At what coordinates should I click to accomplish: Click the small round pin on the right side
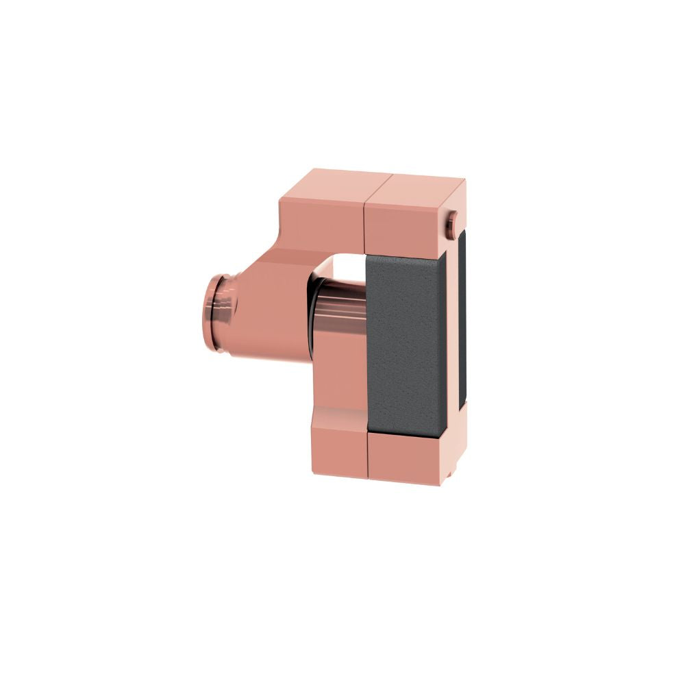pos(453,225)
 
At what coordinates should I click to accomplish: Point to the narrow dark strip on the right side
pos(462,322)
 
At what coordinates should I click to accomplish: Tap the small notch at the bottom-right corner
pos(450,473)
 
